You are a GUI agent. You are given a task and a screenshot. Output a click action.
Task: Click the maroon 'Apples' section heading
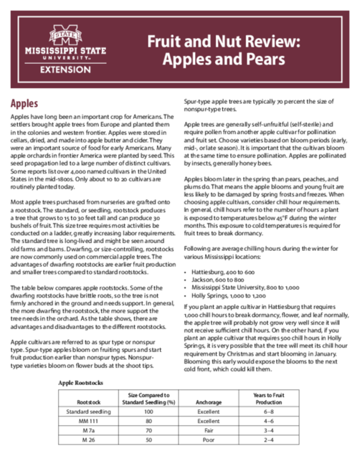tap(25, 103)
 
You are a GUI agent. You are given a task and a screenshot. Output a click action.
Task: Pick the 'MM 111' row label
tap(87, 423)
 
